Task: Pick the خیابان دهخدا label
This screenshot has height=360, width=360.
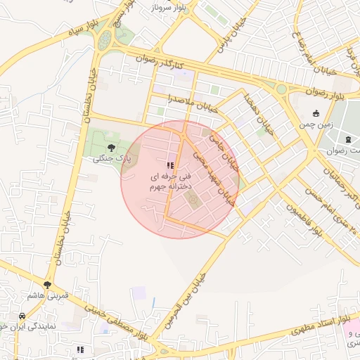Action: tap(255, 112)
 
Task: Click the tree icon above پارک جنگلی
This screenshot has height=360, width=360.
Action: tap(110, 148)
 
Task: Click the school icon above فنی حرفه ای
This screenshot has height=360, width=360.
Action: tap(170, 165)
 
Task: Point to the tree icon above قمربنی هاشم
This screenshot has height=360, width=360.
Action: tap(47, 285)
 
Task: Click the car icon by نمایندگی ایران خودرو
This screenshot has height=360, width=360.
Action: tap(23, 315)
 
